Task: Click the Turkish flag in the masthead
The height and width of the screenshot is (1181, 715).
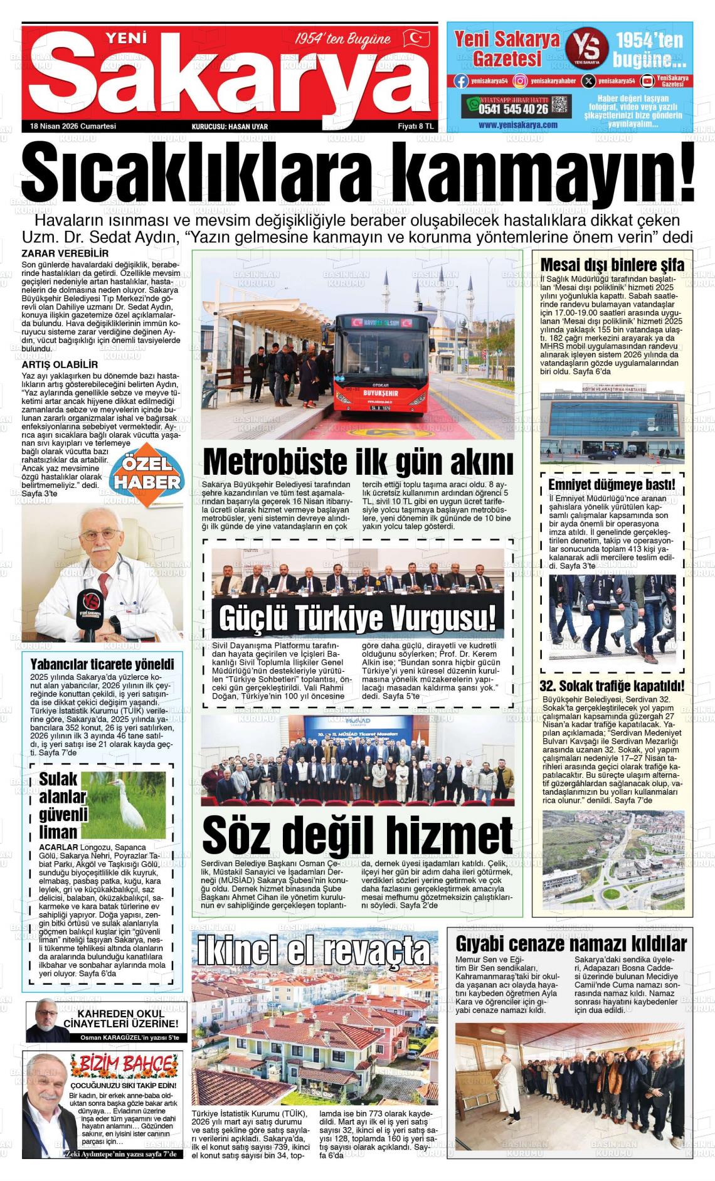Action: coord(416,38)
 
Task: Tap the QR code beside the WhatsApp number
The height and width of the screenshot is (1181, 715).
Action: coord(561,107)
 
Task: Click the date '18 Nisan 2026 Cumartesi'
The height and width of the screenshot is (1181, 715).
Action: coord(73,126)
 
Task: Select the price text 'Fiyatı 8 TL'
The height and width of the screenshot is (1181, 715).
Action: coord(416,126)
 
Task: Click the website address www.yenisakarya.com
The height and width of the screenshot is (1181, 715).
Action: coord(517,125)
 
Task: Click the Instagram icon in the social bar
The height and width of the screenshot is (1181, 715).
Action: coord(520,80)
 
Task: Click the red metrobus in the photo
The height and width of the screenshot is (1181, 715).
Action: coord(383,370)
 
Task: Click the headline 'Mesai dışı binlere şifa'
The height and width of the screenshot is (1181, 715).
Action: coord(612,265)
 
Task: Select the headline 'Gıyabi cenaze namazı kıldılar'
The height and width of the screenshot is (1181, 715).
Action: coord(571,943)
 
